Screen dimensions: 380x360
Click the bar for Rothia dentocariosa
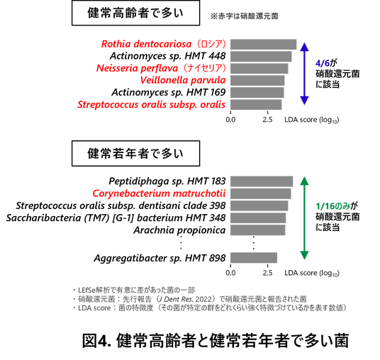point(263,45)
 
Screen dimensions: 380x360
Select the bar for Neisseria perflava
point(259,68)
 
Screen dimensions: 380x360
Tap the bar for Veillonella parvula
point(257,80)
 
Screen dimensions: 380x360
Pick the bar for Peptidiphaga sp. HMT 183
point(262,181)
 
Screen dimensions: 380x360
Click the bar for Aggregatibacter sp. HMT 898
point(254,257)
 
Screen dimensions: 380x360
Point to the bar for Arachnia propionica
point(257,230)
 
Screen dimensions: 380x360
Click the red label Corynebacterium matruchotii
point(159,193)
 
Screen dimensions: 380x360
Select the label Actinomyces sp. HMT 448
point(168,56)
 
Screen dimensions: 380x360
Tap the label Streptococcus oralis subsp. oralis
point(152,105)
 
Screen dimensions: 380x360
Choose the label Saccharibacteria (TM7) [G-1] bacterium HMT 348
point(116,218)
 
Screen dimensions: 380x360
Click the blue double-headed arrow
point(304,74)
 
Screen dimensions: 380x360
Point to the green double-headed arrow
point(304,218)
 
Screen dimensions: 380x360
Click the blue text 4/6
point(323,63)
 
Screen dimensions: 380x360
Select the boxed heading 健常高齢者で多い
point(135,13)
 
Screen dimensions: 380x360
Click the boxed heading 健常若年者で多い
point(135,153)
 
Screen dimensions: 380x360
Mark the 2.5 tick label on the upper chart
point(267,120)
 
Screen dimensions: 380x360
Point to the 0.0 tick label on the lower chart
point(230,273)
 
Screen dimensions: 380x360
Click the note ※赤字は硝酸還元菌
point(244,16)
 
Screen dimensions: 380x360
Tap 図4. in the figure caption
point(96,341)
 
